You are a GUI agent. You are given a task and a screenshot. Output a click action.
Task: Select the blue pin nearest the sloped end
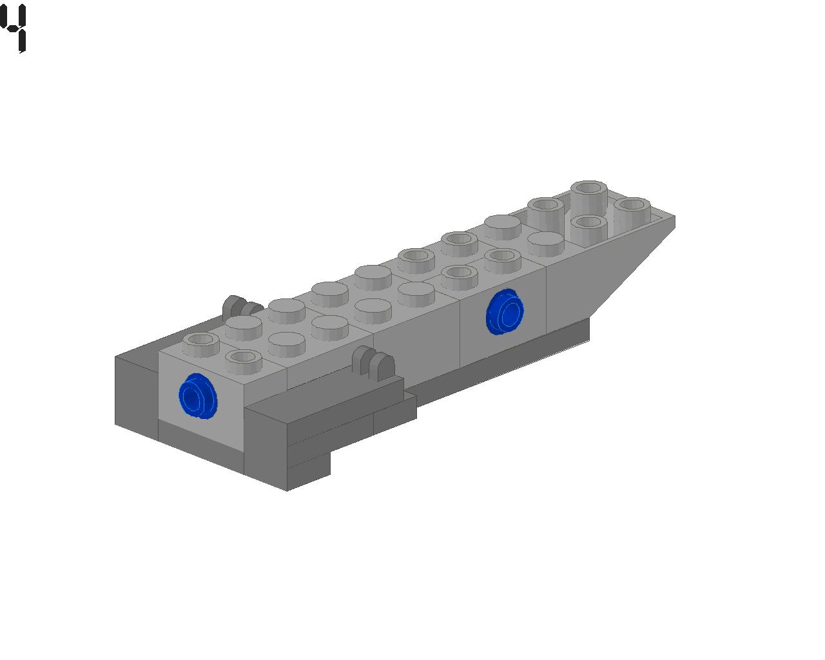(505, 311)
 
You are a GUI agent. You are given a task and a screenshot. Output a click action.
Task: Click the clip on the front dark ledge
(373, 362)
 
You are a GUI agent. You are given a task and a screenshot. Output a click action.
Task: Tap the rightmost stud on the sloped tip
(632, 209)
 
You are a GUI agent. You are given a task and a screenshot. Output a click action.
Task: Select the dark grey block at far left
(137, 395)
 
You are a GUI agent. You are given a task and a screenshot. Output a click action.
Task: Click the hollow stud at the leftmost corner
(201, 344)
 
